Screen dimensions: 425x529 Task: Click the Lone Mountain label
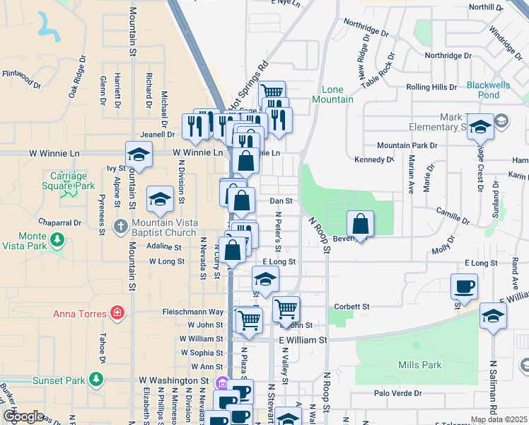[x=337, y=94]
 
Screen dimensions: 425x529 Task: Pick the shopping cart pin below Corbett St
[x=286, y=308]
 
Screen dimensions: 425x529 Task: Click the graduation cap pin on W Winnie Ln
[x=139, y=154]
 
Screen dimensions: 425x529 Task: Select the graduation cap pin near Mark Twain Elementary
[x=480, y=127]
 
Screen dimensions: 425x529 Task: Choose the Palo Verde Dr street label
[x=397, y=393]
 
